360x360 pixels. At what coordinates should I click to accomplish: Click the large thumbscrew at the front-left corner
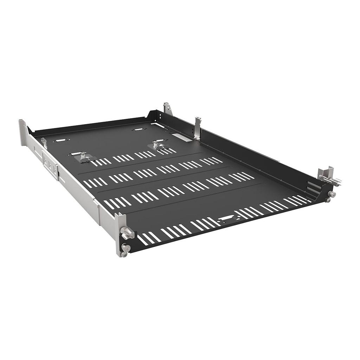click(126, 233)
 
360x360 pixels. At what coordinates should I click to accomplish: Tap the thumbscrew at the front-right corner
click(332, 194)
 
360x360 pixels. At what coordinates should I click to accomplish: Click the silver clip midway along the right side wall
click(198, 128)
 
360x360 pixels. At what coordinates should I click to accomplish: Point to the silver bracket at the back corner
click(168, 109)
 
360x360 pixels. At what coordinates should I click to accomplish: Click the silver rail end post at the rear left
click(23, 132)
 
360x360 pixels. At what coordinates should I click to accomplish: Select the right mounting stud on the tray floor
click(155, 144)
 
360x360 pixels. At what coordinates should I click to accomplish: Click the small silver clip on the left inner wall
click(44, 143)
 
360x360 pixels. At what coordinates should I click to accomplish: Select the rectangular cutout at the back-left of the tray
click(61, 140)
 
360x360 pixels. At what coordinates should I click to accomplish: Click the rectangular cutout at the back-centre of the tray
click(138, 129)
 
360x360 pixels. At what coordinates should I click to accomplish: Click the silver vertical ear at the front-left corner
click(120, 234)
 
